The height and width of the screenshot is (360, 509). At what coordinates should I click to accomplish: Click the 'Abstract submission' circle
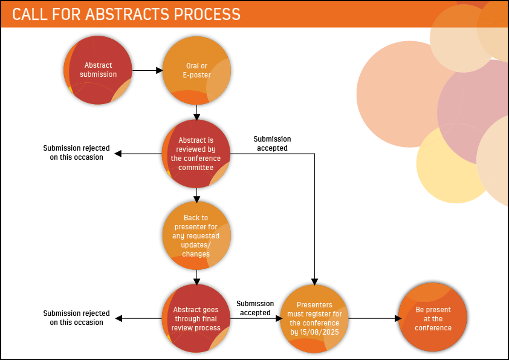tap(98, 70)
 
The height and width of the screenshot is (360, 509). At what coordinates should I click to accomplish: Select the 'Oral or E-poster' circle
tap(196, 70)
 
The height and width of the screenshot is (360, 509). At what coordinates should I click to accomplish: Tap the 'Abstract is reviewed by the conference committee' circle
tap(196, 154)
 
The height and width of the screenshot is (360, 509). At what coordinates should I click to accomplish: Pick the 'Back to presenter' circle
tap(196, 235)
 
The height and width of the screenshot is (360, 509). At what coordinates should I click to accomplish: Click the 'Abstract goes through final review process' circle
tap(196, 318)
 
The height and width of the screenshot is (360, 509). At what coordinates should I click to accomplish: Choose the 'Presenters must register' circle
tap(314, 318)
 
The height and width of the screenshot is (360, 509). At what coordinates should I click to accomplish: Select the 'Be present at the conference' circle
tap(433, 317)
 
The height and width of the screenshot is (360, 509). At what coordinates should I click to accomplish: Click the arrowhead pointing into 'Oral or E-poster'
tap(160, 70)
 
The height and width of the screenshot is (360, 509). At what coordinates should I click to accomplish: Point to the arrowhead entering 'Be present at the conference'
tap(398, 318)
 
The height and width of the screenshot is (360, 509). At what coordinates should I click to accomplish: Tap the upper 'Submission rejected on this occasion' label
tap(77, 152)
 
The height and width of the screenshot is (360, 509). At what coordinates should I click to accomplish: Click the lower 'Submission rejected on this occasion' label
tap(77, 318)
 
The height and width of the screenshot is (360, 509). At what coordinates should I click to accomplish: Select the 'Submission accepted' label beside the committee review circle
tap(272, 143)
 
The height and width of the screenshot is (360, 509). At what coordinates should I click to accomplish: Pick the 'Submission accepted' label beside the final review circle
tap(255, 308)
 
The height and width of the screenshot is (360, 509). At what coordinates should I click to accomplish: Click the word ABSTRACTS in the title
tap(127, 15)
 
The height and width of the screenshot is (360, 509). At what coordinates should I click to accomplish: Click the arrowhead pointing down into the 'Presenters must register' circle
tap(314, 282)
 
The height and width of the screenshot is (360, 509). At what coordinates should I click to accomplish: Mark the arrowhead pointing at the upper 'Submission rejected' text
tap(118, 153)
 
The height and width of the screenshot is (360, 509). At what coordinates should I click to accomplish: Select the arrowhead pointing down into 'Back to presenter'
tap(196, 200)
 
